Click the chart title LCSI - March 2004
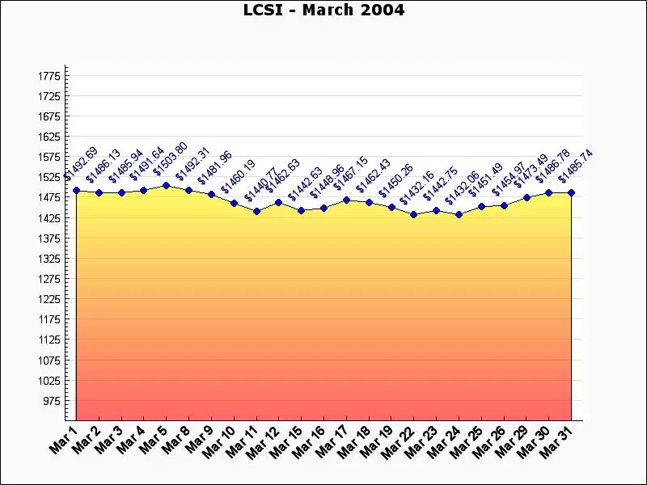tap(323, 11)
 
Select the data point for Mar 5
tap(166, 185)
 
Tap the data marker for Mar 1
tap(76, 190)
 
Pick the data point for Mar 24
tap(459, 214)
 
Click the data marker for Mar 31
tap(571, 192)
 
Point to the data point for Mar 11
tap(256, 211)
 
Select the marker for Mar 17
tap(346, 200)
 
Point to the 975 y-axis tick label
tap(51, 401)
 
